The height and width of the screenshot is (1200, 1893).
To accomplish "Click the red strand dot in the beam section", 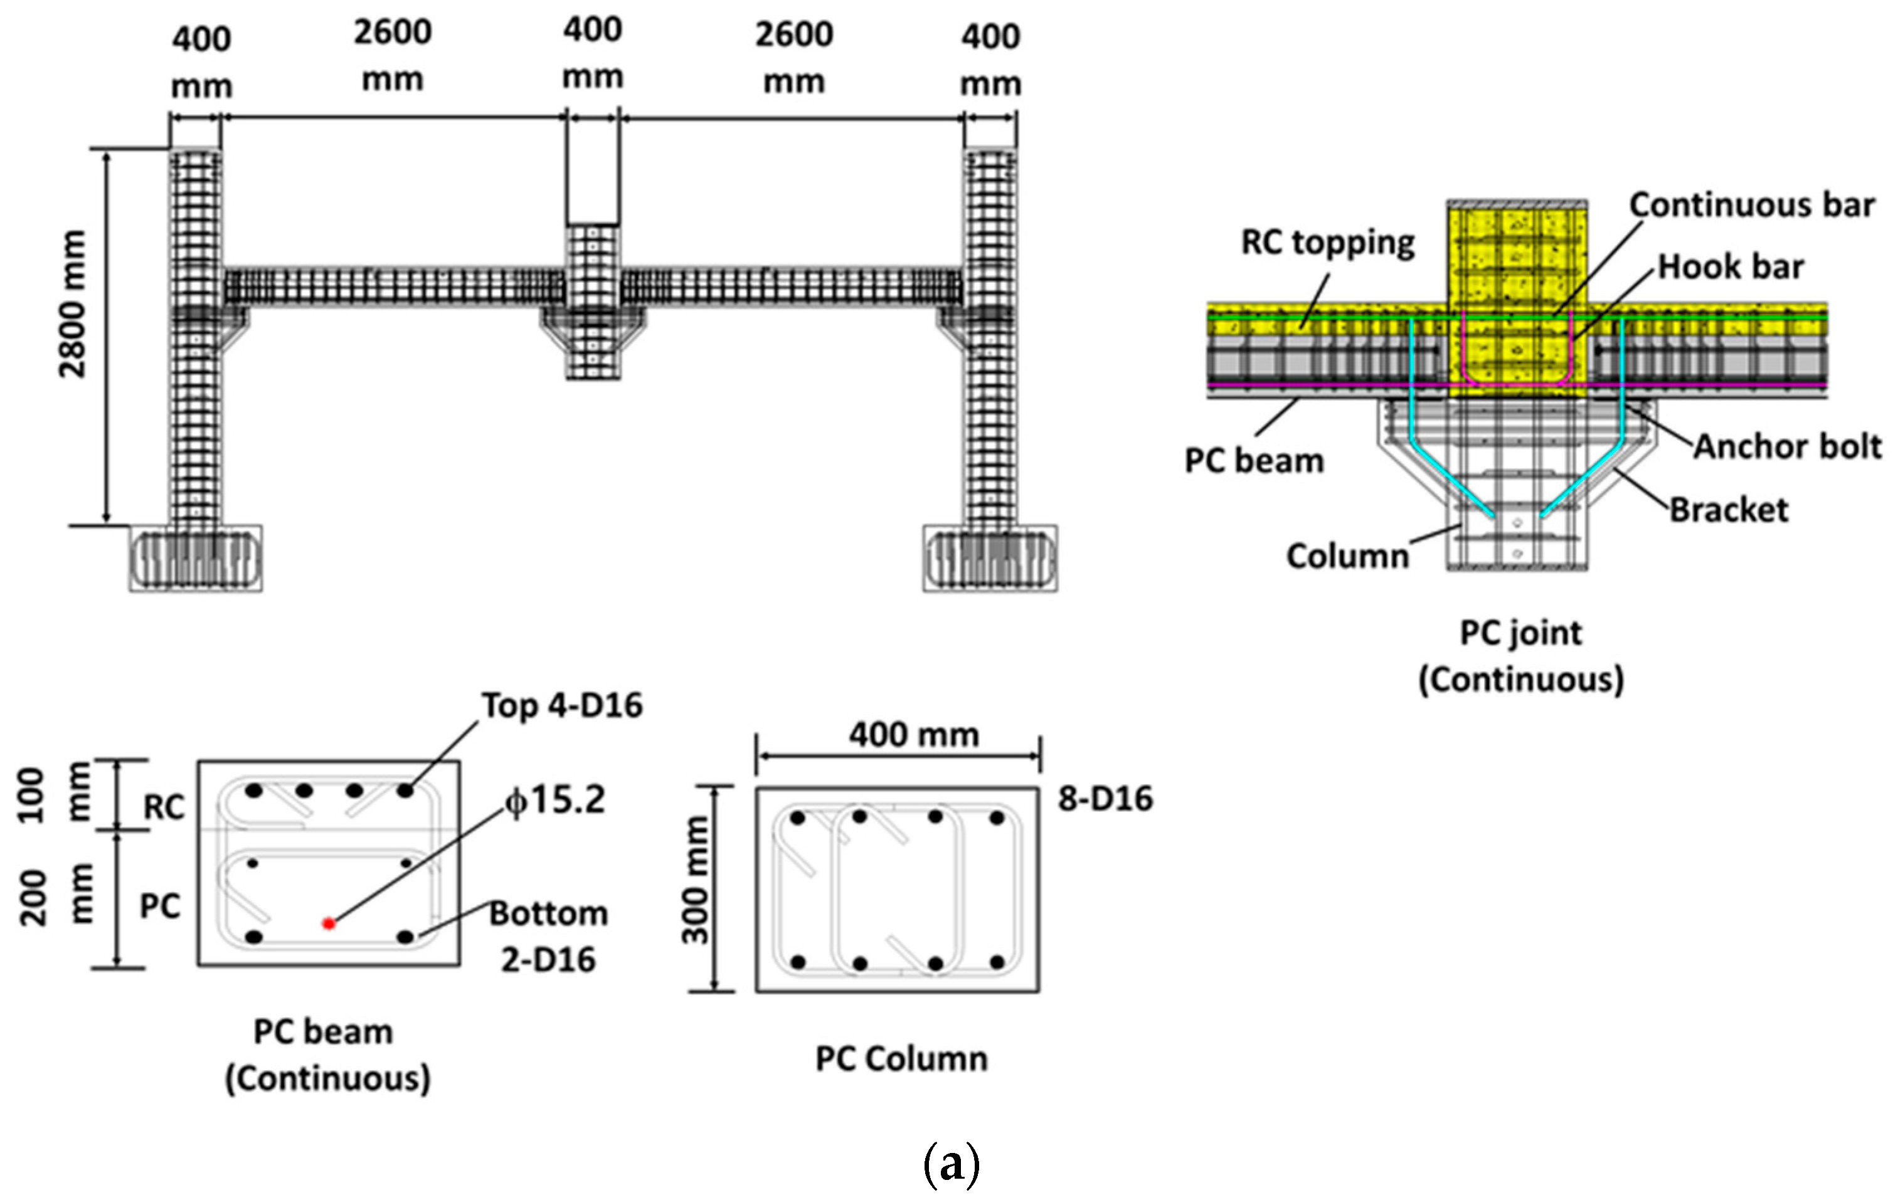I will (329, 924).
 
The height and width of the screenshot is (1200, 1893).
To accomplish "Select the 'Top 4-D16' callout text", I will (562, 706).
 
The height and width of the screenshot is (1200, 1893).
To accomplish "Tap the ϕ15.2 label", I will (556, 801).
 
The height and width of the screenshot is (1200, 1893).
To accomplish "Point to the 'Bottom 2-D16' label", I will (549, 936).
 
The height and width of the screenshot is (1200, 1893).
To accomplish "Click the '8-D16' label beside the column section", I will (1105, 799).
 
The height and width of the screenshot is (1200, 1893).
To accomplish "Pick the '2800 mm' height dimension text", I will (72, 304).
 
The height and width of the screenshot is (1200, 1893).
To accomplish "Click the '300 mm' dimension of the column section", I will (695, 880).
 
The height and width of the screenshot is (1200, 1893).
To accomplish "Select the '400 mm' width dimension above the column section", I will (913, 735).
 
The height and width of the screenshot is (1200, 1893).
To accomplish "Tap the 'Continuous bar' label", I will (1751, 205).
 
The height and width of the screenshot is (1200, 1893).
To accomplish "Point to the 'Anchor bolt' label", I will (1787, 446).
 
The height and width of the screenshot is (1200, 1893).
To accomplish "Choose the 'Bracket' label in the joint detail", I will (1728, 510).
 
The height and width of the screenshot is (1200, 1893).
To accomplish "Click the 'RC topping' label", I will (1328, 242).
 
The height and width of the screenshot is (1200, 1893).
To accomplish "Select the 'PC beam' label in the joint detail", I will (1254, 461).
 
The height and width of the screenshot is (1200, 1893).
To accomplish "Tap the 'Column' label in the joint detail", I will (1347, 556).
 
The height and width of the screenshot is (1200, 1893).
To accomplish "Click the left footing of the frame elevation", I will (196, 559).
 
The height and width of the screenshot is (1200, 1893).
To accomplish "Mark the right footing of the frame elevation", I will (990, 559).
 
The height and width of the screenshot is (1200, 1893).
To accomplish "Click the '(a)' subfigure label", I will (952, 1165).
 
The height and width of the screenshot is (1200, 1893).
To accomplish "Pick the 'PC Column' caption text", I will (901, 1060).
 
